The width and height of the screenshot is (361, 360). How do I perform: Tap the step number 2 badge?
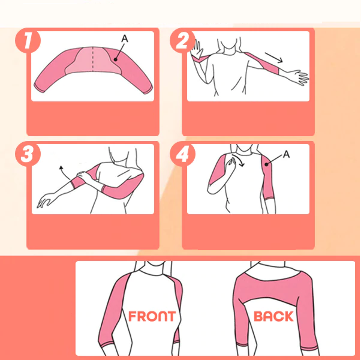182,41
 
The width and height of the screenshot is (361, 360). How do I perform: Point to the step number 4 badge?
182,155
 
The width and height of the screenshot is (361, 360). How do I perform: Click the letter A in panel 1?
125,38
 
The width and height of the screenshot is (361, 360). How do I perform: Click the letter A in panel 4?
287,154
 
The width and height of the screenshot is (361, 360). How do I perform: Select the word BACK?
273,316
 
